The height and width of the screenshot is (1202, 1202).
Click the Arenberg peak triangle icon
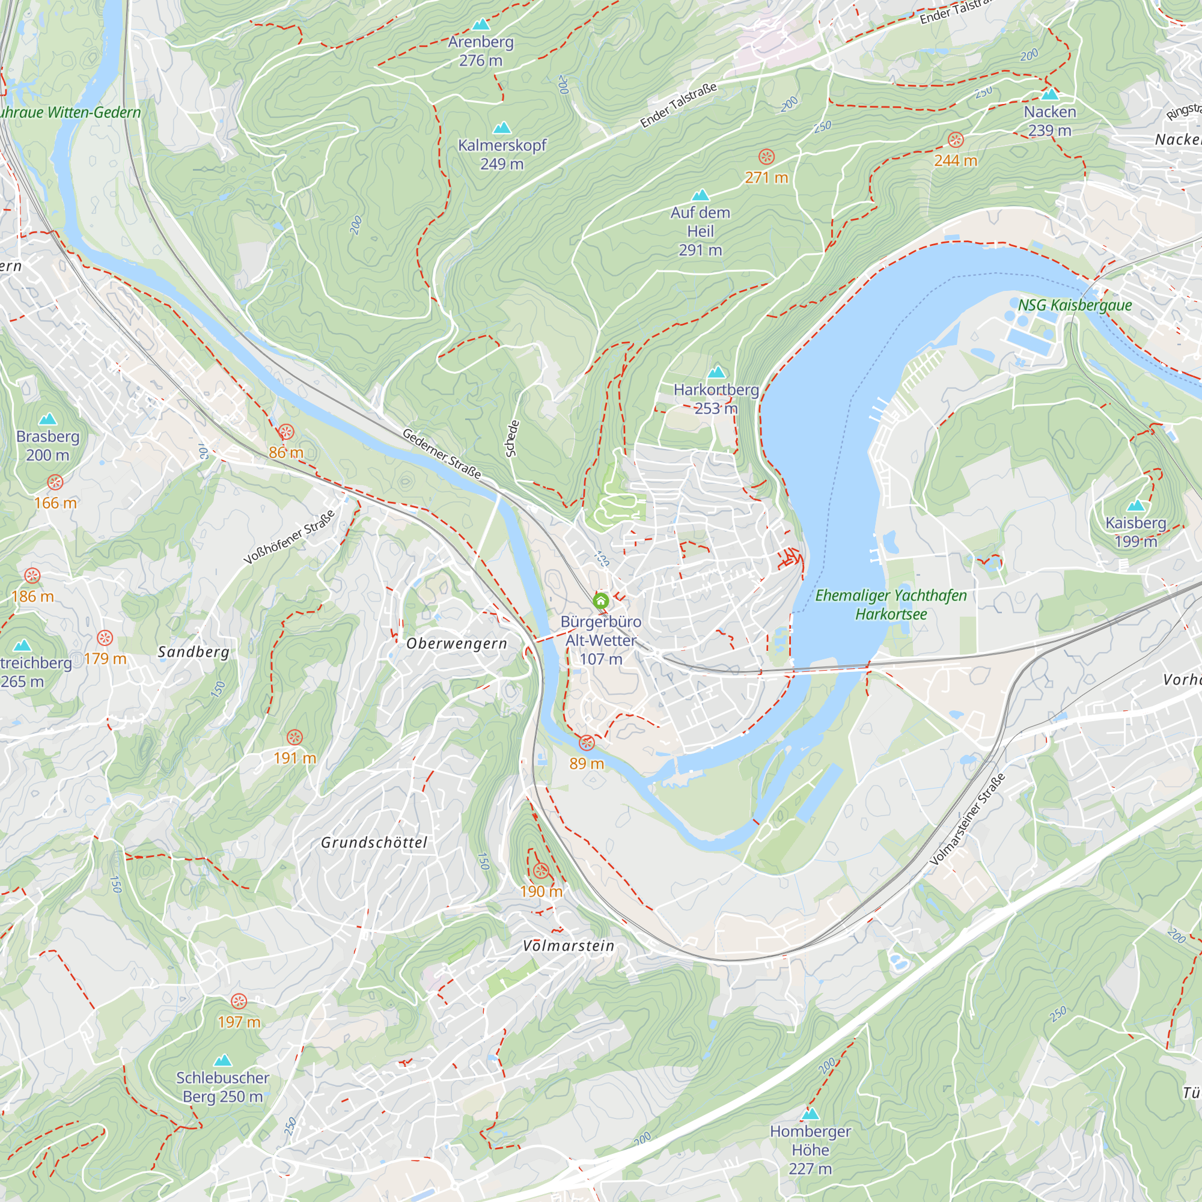point(480,25)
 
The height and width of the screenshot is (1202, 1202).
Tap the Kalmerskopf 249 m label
point(501,154)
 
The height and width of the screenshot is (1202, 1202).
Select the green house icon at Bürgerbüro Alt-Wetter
point(600,601)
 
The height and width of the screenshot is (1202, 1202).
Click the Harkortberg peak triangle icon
point(717,372)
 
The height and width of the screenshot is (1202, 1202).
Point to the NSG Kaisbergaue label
point(1075,305)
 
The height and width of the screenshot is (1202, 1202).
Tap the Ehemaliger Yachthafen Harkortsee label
point(890,605)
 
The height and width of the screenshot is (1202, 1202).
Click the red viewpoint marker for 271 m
point(766,156)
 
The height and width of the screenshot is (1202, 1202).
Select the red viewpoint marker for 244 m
point(956,139)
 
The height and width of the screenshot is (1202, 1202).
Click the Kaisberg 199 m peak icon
point(1135,505)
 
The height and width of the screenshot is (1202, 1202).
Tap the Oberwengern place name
point(457,644)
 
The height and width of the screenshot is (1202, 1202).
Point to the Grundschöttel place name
point(374,843)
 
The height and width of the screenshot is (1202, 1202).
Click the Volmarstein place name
point(568,947)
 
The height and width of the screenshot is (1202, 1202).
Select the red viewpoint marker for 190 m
point(541,870)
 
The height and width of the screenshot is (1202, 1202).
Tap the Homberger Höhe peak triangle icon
point(810,1113)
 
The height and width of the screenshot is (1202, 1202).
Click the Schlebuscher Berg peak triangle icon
point(222,1060)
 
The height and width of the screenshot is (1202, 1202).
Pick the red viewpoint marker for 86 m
point(285,432)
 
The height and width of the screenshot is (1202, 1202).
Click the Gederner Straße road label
point(441,454)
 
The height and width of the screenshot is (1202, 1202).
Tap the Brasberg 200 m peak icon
point(47,419)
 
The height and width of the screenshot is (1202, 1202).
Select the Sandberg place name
point(194,652)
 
